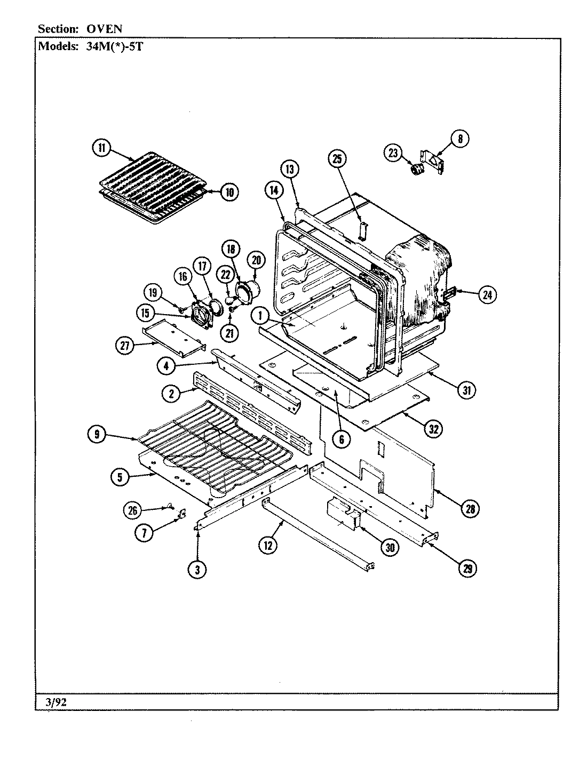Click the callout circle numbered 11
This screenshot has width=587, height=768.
[102, 148]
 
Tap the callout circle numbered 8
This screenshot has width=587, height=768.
[459, 139]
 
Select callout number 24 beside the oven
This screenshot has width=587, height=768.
[487, 294]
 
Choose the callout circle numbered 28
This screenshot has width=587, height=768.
[470, 509]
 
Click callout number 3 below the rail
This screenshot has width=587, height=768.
[197, 570]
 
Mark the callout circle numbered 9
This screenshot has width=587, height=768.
[97, 435]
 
